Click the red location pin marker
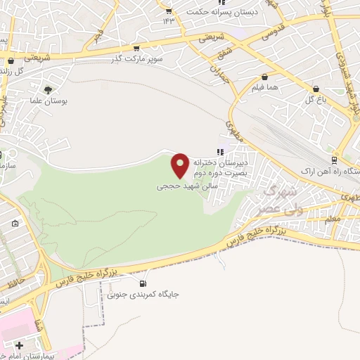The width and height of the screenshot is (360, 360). tap(180, 165)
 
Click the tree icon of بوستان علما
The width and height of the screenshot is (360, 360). tap(48, 90)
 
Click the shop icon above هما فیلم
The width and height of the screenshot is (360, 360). tap(264, 77)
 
